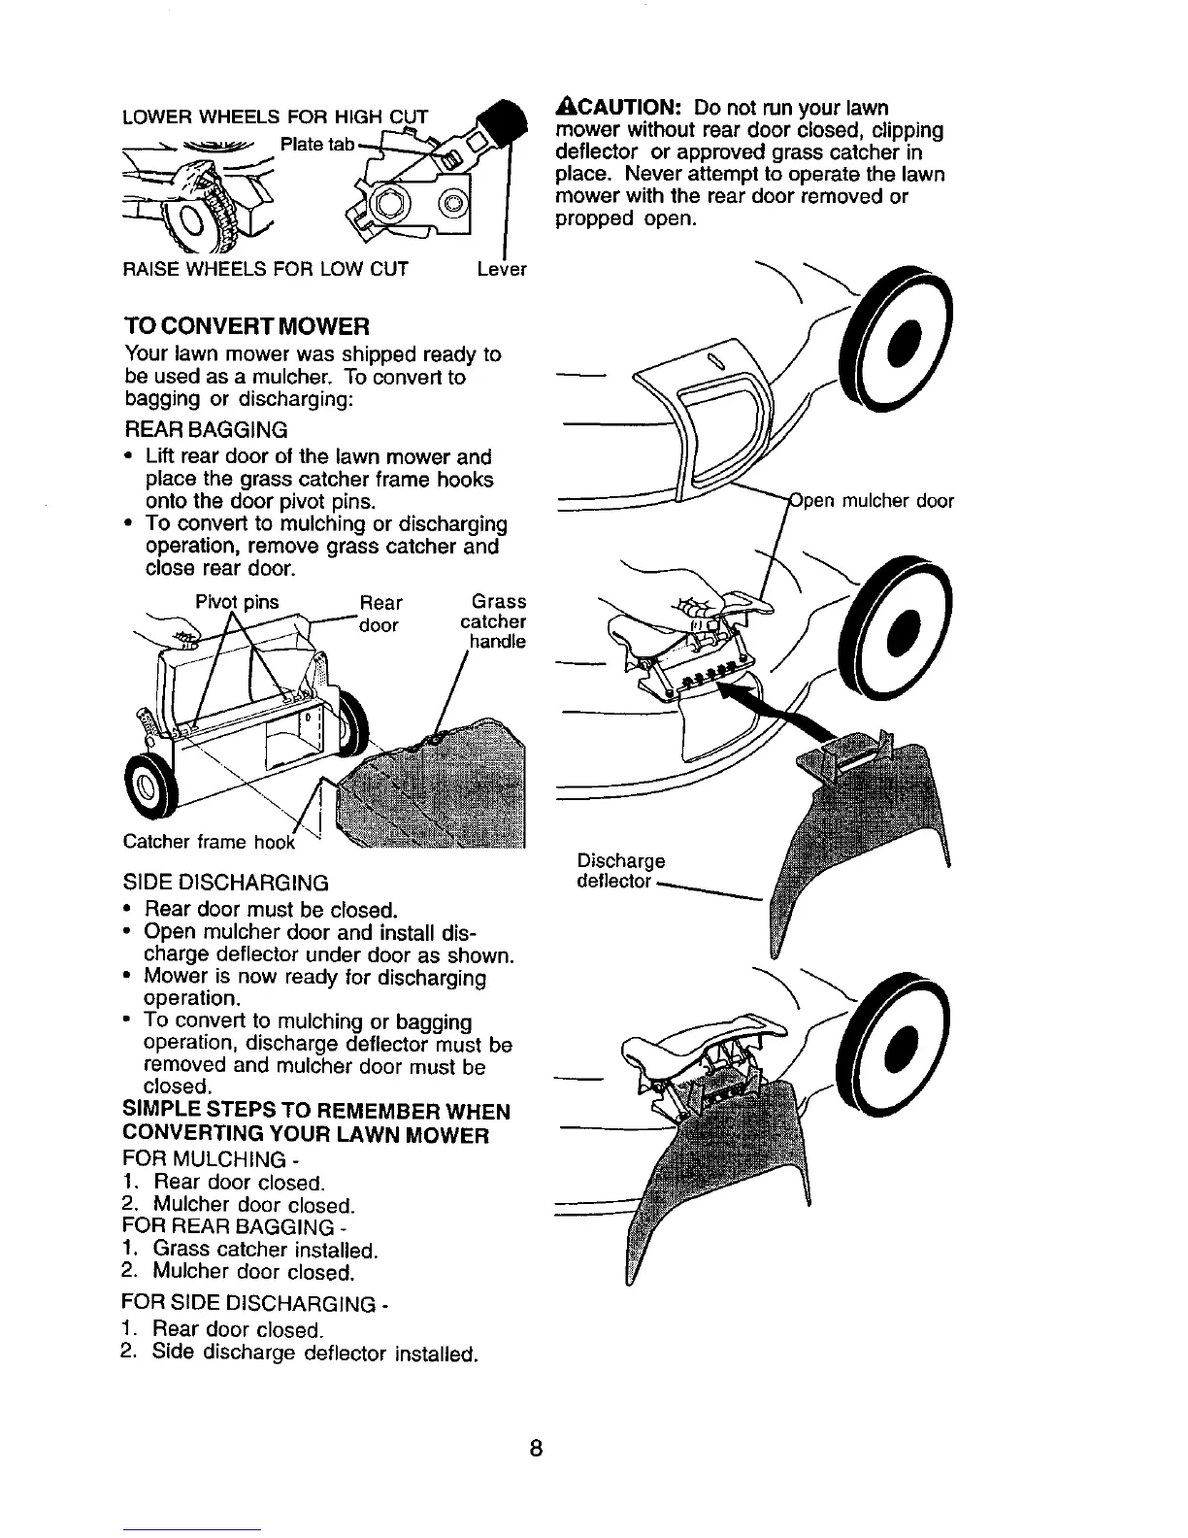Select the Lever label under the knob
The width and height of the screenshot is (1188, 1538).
coord(501,269)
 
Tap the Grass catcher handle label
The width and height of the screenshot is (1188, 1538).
coord(494,621)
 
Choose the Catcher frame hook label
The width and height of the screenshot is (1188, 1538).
coord(209,841)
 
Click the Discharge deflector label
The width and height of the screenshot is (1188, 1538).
coord(621,871)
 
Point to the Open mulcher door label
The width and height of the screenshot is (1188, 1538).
coord(872,501)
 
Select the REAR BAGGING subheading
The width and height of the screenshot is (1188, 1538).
coord(206,429)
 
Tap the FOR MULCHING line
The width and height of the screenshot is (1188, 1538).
coord(205,1159)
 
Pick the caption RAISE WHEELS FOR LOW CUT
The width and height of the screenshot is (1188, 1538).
coord(265,269)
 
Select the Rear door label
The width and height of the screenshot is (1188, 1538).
coord(380,614)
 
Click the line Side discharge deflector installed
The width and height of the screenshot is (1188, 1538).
coord(314,1353)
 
